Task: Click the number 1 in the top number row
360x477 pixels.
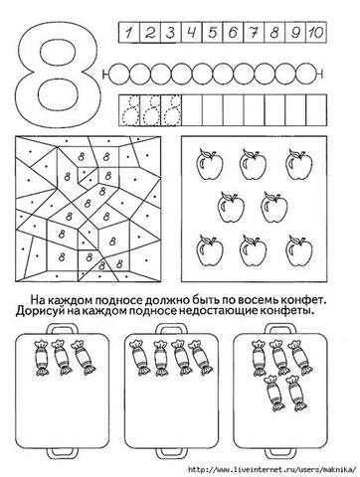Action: pyautogui.click(x=129, y=33)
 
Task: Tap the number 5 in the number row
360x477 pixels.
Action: pyautogui.click(x=213, y=33)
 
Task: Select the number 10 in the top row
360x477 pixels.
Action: pyautogui.click(x=315, y=33)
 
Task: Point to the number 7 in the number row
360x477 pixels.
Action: pyautogui.click(x=254, y=33)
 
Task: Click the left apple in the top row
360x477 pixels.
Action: pyautogui.click(x=210, y=164)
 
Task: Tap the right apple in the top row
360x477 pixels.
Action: pyautogui.click(x=299, y=164)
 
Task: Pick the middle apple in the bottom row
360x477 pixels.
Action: pyautogui.click(x=253, y=250)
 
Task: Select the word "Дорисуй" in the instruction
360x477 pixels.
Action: pyautogui.click(x=39, y=311)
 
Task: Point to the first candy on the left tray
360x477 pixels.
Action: pyautogui.click(x=42, y=358)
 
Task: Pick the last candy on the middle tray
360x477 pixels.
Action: pyautogui.click(x=201, y=358)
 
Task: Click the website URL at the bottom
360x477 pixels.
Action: pyautogui.click(x=271, y=469)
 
